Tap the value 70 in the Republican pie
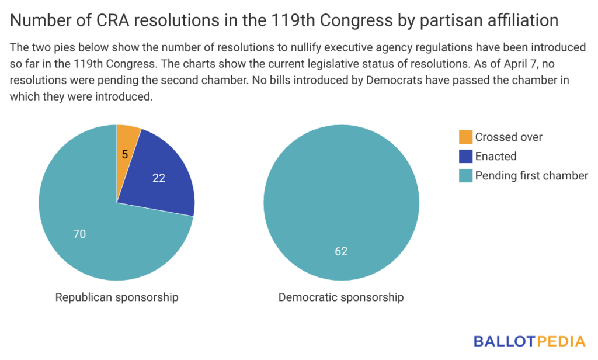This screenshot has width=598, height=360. click(x=79, y=234)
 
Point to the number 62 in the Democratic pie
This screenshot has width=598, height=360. click(x=341, y=251)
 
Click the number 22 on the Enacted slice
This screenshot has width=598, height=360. click(x=158, y=178)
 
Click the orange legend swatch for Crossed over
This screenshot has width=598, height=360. click(x=465, y=137)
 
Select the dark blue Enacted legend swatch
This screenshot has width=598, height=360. click(x=465, y=157)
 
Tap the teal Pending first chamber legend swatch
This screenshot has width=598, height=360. click(x=465, y=176)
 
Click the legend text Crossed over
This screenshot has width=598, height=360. click(x=509, y=137)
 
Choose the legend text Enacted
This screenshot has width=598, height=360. click(x=496, y=157)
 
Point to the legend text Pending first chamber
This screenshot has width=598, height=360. click(x=531, y=176)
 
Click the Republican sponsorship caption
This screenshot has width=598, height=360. click(x=117, y=297)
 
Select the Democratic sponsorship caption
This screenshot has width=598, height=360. click(x=341, y=297)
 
